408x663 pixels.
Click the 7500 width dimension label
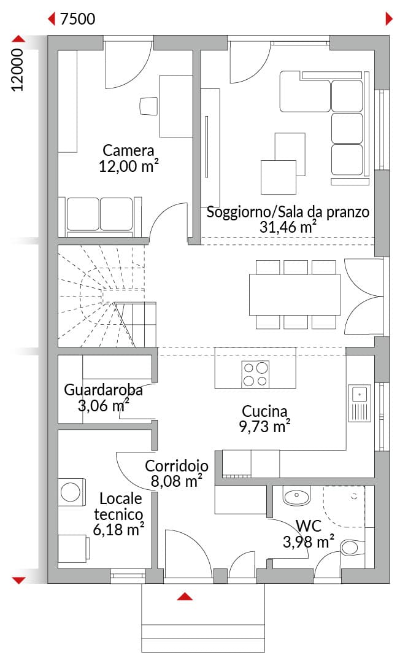pyautogui.click(x=78, y=19)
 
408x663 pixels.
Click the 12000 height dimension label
pyautogui.click(x=18, y=70)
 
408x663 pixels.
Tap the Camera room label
pyautogui.click(x=128, y=150)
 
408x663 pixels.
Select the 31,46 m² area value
pyautogui.click(x=288, y=227)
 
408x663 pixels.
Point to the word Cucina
pyautogui.click(x=264, y=411)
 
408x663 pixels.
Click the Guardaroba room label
pyautogui.click(x=103, y=390)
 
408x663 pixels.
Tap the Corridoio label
pyautogui.click(x=177, y=466)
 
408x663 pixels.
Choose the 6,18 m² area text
pyautogui.click(x=119, y=529)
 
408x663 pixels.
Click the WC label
pyautogui.click(x=309, y=526)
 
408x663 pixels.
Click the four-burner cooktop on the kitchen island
pyautogui.click(x=255, y=374)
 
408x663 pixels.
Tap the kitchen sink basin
pyautogui.click(x=359, y=394)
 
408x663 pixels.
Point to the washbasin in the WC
pyautogui.click(x=297, y=495)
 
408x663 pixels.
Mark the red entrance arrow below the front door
pyautogui.click(x=185, y=597)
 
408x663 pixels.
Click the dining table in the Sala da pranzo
pyautogui.click(x=294, y=295)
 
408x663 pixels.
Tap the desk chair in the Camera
pyautogui.click(x=148, y=106)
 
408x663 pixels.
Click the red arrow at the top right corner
pyautogui.click(x=390, y=19)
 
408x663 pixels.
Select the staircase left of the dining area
pyautogui.click(x=107, y=296)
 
